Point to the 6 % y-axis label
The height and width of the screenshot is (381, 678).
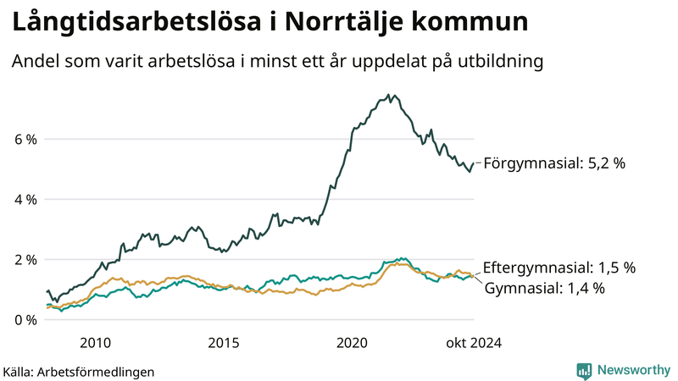click(x=25, y=139)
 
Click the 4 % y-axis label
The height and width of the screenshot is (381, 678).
click(x=25, y=200)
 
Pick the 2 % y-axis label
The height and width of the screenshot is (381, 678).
click(x=25, y=260)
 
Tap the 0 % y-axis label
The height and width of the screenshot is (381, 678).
click(x=25, y=320)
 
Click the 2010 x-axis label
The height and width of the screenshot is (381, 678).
click(x=95, y=343)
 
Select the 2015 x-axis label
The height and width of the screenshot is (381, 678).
click(x=224, y=343)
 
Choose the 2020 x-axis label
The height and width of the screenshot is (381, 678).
click(x=352, y=343)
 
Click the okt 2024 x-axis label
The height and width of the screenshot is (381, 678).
click(x=472, y=343)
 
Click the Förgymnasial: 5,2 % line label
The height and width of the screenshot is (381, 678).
click(x=553, y=163)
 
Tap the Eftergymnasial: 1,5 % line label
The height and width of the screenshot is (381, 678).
click(x=559, y=268)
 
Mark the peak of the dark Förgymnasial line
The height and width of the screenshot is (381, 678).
click(x=388, y=95)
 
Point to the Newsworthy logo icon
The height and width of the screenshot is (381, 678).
click(x=584, y=370)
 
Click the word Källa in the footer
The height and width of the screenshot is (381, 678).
click(x=19, y=372)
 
